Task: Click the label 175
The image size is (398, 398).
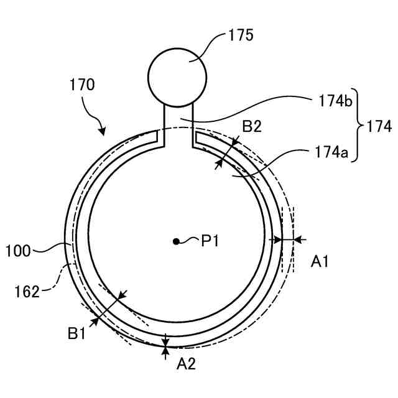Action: tap(241, 34)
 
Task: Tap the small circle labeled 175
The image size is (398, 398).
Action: tap(177, 76)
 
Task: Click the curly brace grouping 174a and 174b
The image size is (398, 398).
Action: tap(359, 126)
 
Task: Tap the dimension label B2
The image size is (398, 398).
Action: tap(252, 127)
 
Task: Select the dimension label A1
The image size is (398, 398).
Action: tap(320, 263)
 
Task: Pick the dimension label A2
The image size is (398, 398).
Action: tap(186, 364)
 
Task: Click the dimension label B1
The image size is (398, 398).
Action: tap(77, 334)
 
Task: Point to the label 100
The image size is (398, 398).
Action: tap(18, 251)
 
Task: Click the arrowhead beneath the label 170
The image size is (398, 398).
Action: tap(102, 131)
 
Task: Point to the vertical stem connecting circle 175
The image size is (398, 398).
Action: tap(178, 123)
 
